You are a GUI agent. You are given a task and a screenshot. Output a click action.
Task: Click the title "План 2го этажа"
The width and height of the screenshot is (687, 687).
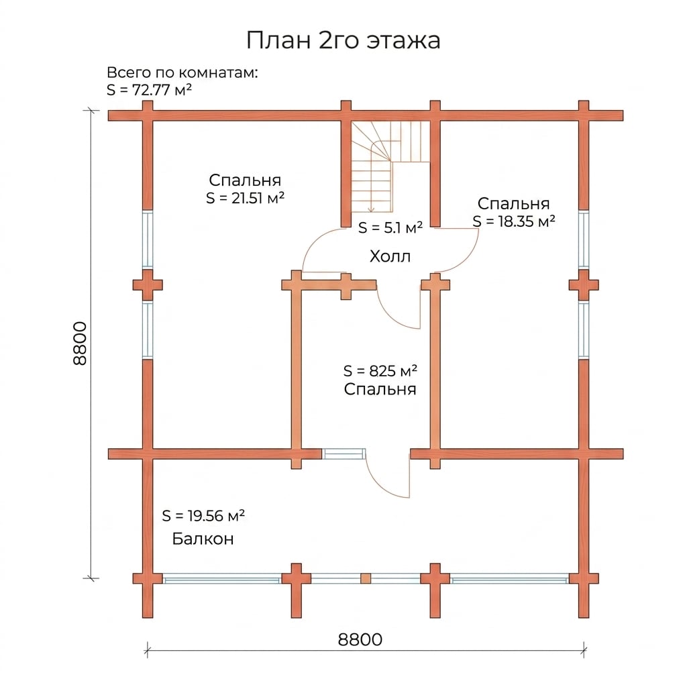click(343, 40)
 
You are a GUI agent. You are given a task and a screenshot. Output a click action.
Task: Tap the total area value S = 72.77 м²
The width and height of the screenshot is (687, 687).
click(150, 89)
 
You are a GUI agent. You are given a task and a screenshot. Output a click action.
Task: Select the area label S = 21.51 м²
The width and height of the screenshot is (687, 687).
click(246, 198)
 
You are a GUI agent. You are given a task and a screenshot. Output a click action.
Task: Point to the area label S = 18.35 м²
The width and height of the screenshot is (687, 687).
click(514, 221)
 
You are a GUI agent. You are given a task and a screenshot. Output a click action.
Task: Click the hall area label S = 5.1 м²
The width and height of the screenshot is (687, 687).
click(390, 227)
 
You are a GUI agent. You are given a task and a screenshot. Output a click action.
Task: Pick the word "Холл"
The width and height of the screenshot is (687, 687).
click(390, 256)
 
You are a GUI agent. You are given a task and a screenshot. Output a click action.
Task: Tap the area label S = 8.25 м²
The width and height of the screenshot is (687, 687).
click(380, 370)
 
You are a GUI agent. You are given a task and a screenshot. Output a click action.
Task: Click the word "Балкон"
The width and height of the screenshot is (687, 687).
click(203, 539)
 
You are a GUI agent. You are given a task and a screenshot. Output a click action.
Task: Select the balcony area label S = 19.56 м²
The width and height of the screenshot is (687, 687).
click(203, 516)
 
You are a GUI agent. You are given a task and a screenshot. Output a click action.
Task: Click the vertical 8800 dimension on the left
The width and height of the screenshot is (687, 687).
click(81, 343)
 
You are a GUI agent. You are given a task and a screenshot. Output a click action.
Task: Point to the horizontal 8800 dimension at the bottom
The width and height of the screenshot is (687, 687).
click(360, 639)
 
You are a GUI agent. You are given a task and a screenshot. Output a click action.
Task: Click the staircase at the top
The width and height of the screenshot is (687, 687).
click(390, 166)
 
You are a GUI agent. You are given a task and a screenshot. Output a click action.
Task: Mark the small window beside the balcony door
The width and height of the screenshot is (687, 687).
click(344, 454)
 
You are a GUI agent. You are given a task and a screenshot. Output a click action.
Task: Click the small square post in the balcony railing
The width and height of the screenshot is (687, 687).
click(366, 579)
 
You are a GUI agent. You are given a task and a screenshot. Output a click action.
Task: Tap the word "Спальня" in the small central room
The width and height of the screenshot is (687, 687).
click(380, 390)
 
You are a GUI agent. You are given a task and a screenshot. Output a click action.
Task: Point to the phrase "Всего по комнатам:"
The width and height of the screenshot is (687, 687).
click(182, 72)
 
